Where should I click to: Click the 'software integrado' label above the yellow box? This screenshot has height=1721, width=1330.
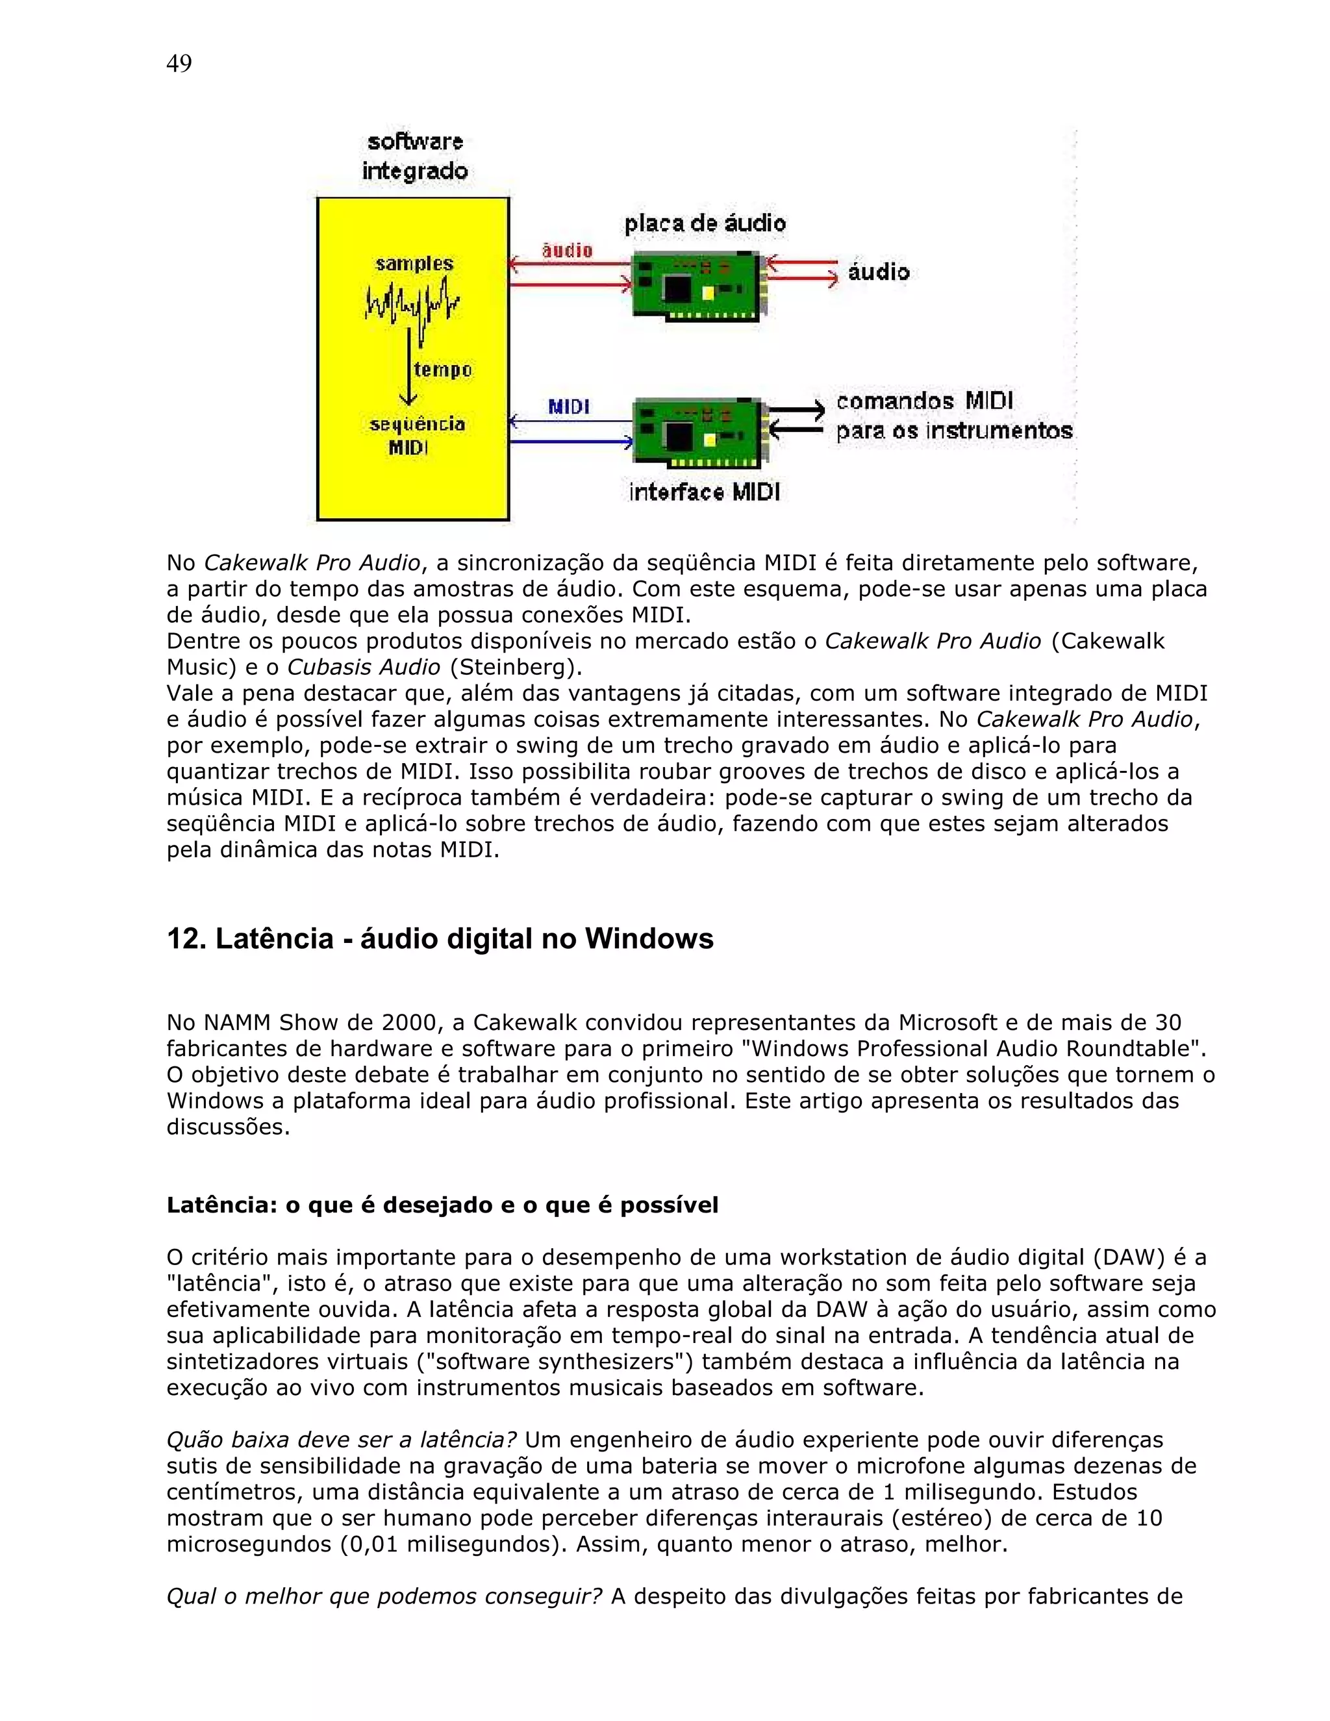(414, 157)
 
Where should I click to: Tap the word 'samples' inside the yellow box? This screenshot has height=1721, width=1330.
(414, 263)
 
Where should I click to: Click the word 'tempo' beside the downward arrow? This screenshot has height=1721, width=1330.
(443, 370)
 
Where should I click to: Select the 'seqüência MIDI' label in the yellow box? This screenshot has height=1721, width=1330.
(416, 436)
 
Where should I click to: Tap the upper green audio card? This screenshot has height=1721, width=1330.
(697, 285)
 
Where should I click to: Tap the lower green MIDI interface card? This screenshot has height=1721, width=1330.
(697, 433)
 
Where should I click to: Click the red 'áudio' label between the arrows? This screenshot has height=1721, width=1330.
(568, 251)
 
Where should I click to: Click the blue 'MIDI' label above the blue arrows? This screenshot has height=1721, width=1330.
(569, 407)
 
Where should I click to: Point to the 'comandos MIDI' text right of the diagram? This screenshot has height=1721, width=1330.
(924, 401)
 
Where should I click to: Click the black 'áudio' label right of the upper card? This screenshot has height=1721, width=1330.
(879, 272)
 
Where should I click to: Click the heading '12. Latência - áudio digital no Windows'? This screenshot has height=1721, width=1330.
(440, 938)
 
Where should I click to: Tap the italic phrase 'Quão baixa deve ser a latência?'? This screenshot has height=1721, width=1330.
(341, 1440)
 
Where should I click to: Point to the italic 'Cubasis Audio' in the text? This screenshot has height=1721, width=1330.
(363, 667)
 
